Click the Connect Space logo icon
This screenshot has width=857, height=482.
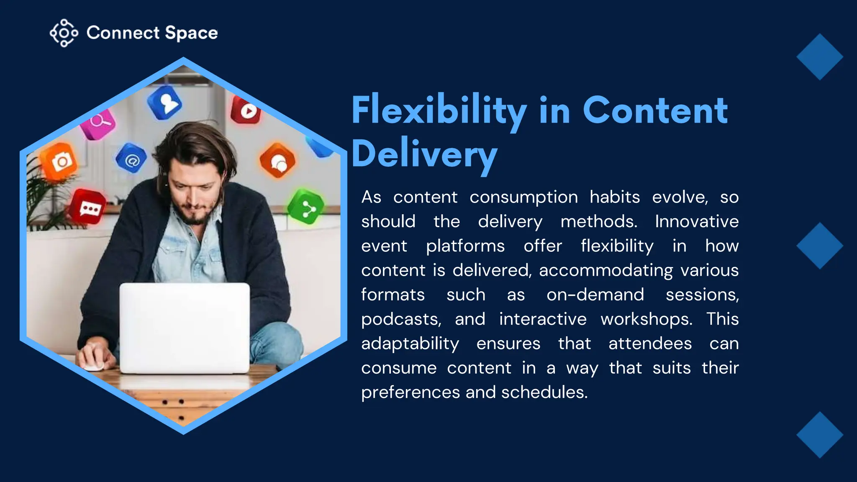[x=64, y=33]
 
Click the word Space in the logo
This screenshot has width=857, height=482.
[x=191, y=33]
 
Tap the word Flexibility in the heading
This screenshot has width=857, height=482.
[x=439, y=110]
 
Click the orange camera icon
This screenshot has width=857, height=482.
[x=60, y=161]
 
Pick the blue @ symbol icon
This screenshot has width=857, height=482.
[x=131, y=159]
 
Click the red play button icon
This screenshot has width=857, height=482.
[x=246, y=110]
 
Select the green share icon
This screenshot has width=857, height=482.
[x=306, y=206]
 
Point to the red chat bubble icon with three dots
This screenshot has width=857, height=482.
[x=88, y=207]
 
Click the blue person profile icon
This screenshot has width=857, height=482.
[x=165, y=102]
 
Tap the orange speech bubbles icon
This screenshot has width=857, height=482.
[x=277, y=161]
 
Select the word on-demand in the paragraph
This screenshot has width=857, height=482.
[x=595, y=295]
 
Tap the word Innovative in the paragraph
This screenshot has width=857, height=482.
[x=697, y=222]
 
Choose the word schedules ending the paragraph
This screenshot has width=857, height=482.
[x=544, y=392]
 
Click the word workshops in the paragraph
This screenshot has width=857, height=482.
[x=646, y=320]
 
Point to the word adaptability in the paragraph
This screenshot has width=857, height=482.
[x=410, y=344]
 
